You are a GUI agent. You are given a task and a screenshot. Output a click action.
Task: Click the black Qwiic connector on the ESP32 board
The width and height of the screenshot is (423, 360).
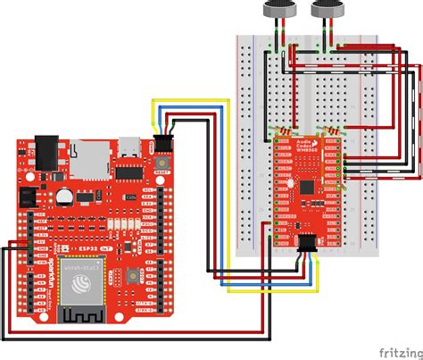[x=163, y=140]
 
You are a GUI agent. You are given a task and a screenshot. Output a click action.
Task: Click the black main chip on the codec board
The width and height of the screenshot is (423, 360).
[x=308, y=187]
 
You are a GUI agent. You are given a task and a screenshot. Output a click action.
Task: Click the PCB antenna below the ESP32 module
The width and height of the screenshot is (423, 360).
[x=83, y=313]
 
